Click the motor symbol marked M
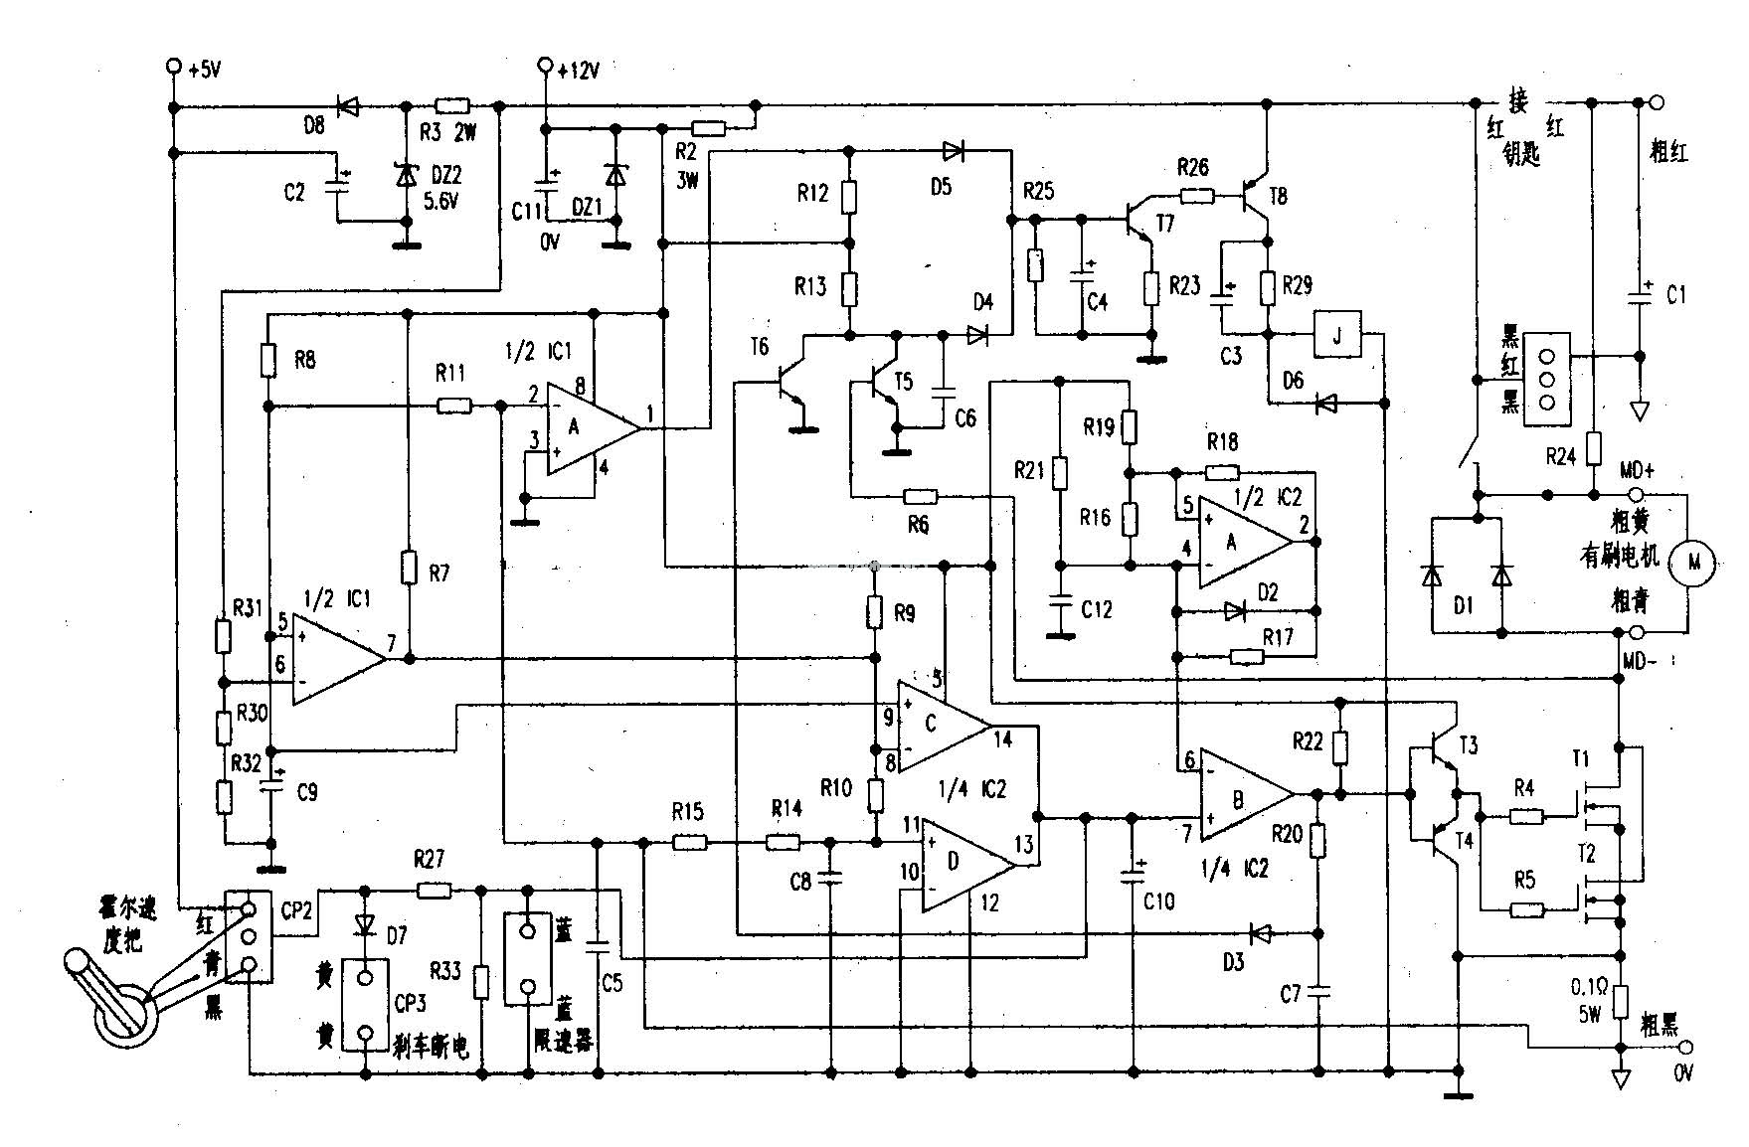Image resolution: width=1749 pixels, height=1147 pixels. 1695,564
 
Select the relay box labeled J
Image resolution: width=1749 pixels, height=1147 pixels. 1336,335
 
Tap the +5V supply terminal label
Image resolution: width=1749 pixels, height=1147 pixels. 205,70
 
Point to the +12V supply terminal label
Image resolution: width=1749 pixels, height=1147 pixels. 578,71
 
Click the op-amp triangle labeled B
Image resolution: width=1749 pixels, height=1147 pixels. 1242,795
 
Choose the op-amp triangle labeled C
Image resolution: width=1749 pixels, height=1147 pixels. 935,725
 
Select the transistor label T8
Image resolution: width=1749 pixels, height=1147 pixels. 1277,197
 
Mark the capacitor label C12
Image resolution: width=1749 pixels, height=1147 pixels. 1097,610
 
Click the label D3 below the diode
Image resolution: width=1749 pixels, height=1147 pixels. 1233,962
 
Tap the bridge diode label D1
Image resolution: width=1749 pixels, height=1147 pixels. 1463,604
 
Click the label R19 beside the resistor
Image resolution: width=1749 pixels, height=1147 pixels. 1099,428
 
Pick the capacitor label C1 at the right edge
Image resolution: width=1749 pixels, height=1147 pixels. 1676,296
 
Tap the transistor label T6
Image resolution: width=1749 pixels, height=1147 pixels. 759,347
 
